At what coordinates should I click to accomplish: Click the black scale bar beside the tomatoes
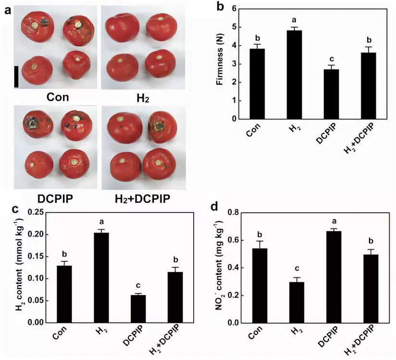pos(16,76)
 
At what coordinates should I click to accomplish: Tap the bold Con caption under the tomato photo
pos(57,97)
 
